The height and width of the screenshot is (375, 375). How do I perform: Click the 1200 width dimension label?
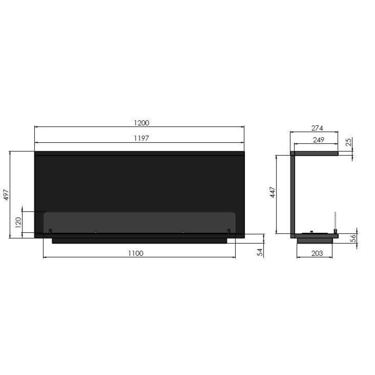tap(141, 123)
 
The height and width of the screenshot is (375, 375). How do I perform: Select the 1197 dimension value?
tap(141, 138)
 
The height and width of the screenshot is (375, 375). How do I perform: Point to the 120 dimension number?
tap(18, 222)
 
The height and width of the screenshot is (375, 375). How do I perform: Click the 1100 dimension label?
tap(135, 253)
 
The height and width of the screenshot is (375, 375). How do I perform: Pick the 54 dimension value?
tap(260, 252)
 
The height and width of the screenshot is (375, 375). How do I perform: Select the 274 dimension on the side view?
tap(317, 128)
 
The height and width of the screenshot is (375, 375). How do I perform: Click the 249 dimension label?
tap(318, 140)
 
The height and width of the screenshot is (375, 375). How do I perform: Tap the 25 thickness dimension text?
tap(349, 142)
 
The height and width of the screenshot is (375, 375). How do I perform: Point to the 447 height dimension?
tap(272, 192)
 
